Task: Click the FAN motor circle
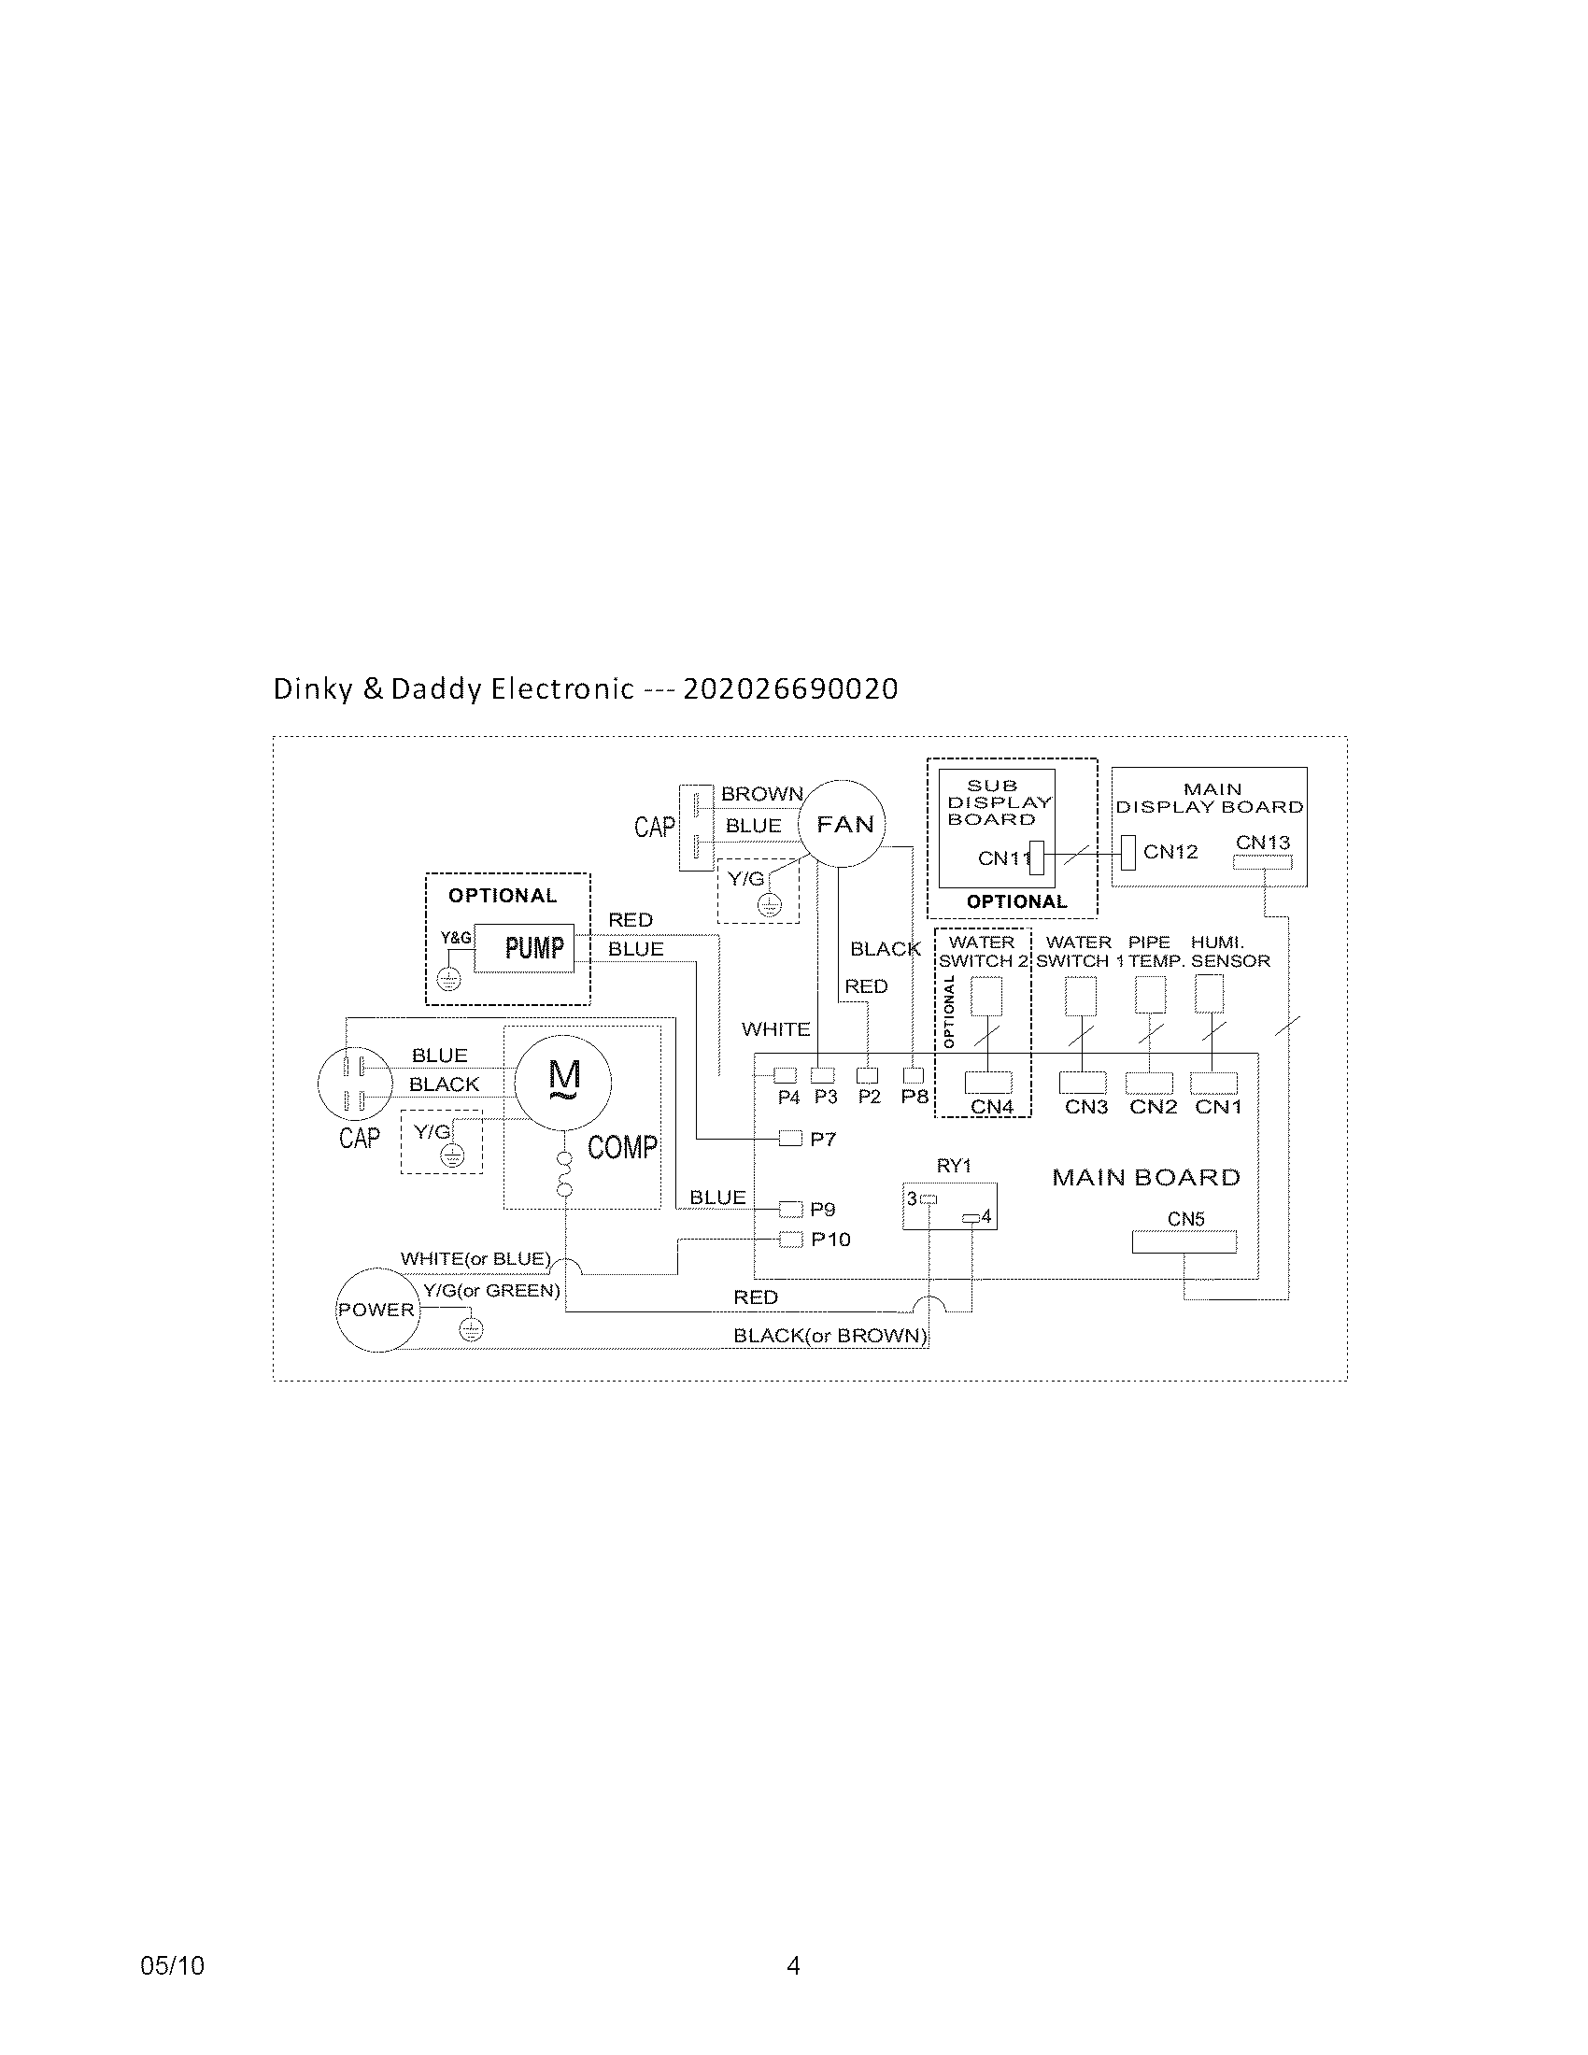(x=842, y=823)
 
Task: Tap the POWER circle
(x=376, y=1309)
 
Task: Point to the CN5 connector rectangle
(x=1184, y=1242)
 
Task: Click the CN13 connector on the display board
(x=1263, y=863)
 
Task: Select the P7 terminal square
(x=790, y=1140)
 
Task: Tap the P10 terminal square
(x=790, y=1240)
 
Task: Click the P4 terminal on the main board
(x=785, y=1075)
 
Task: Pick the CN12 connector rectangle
(x=1129, y=854)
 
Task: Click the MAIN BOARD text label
(x=1146, y=1177)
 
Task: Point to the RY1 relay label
(x=954, y=1166)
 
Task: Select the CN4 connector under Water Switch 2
(x=988, y=1082)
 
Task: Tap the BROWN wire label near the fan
(x=762, y=794)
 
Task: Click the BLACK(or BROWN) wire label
(x=829, y=1335)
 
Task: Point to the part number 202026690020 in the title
(x=790, y=688)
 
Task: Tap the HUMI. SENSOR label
(x=1229, y=951)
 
